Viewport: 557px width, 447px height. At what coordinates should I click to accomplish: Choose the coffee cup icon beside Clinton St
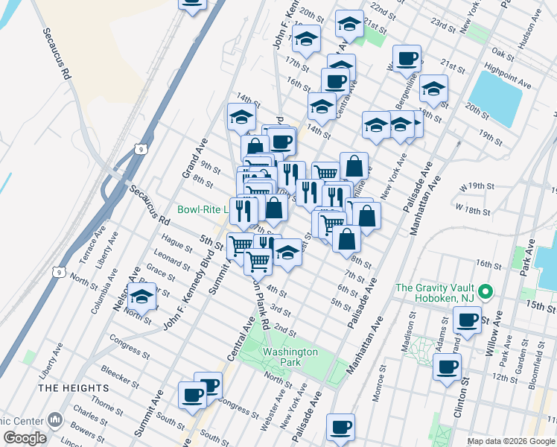click(448, 367)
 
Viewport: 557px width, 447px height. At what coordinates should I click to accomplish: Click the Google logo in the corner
click(25, 438)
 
